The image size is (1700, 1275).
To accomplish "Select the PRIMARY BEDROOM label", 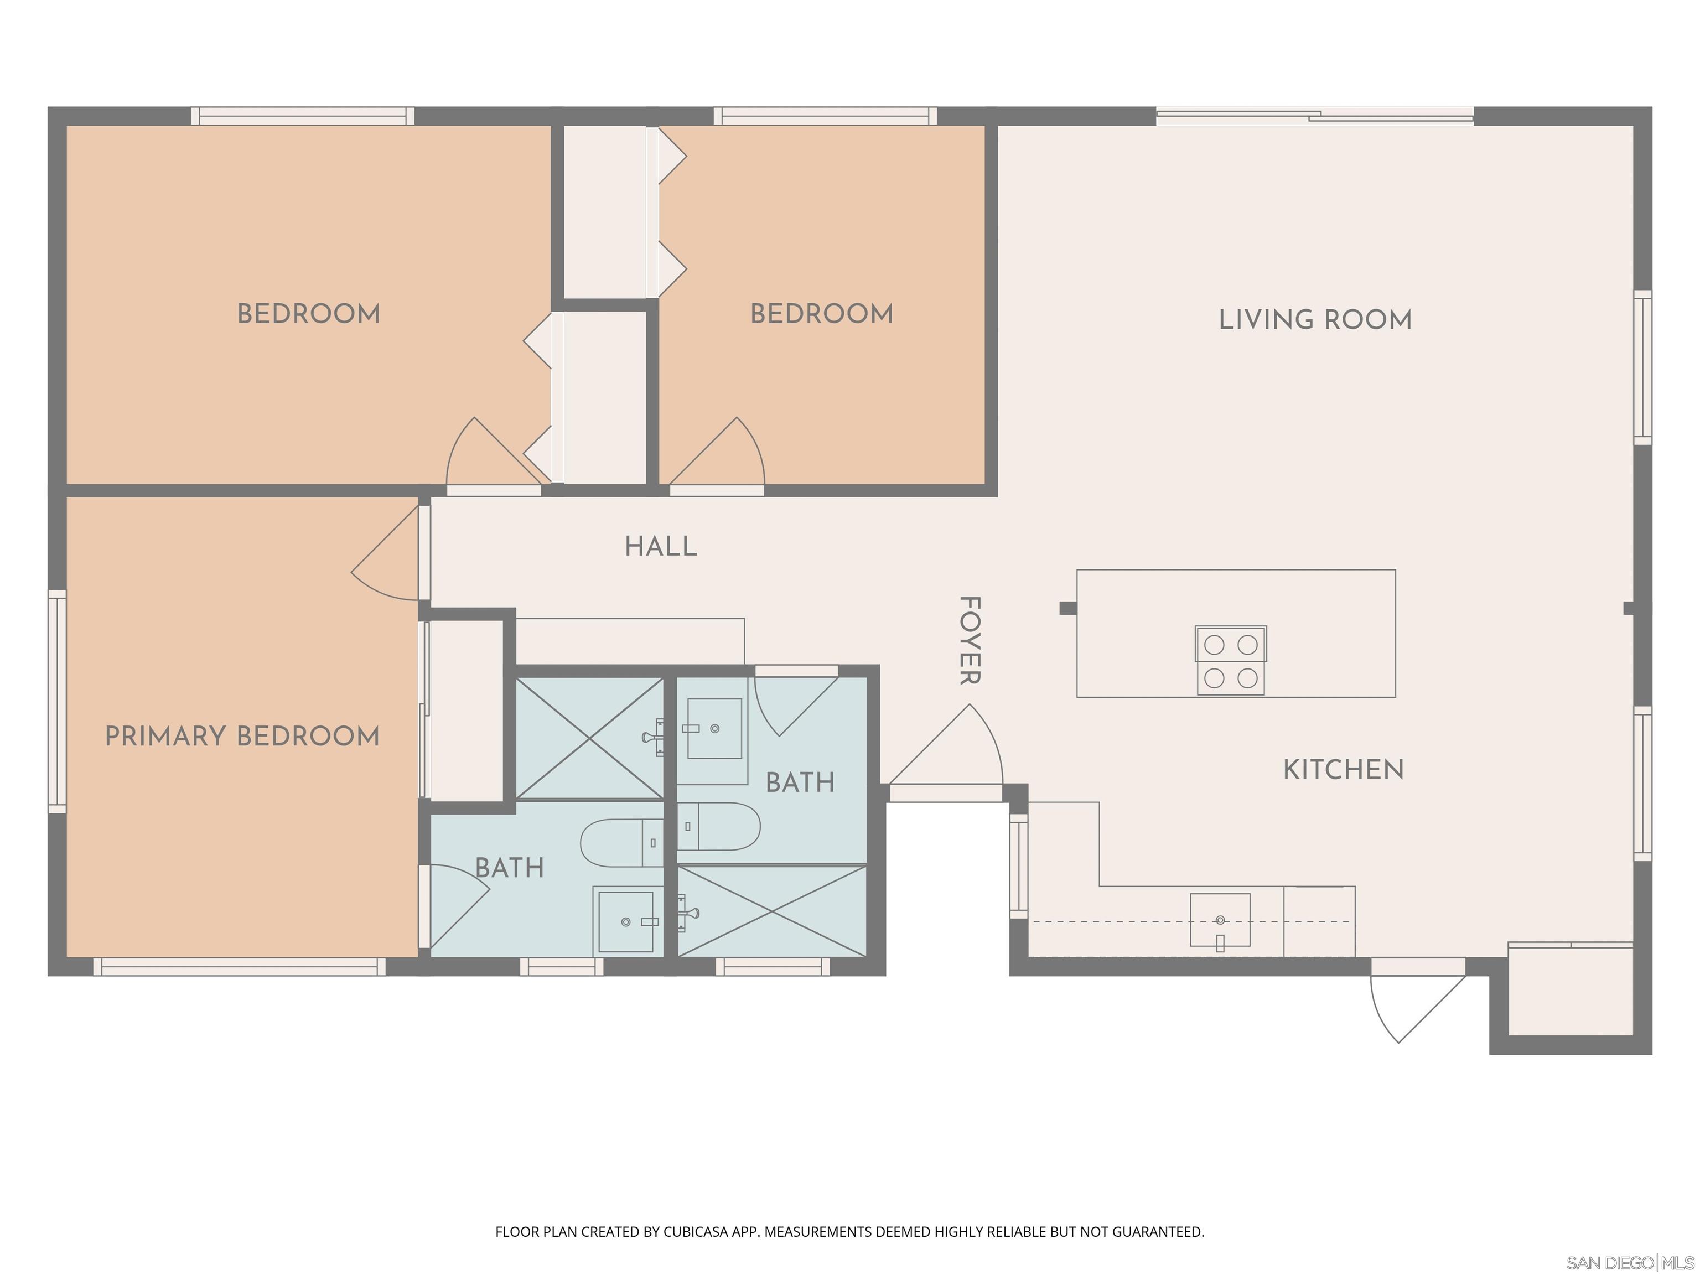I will (x=242, y=736).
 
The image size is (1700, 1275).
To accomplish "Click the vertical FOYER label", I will (x=970, y=640).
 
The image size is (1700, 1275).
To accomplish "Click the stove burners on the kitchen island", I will (x=1230, y=661).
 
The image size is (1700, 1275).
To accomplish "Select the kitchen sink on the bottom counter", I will (x=1220, y=920).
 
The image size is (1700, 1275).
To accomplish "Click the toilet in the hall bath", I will (x=719, y=827).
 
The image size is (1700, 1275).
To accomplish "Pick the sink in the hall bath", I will (x=714, y=729).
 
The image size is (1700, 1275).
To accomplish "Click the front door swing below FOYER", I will (x=953, y=749).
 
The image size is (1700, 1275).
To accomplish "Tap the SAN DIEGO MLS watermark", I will (x=1629, y=1263).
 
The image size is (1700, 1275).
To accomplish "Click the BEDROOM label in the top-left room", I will (x=308, y=314).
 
